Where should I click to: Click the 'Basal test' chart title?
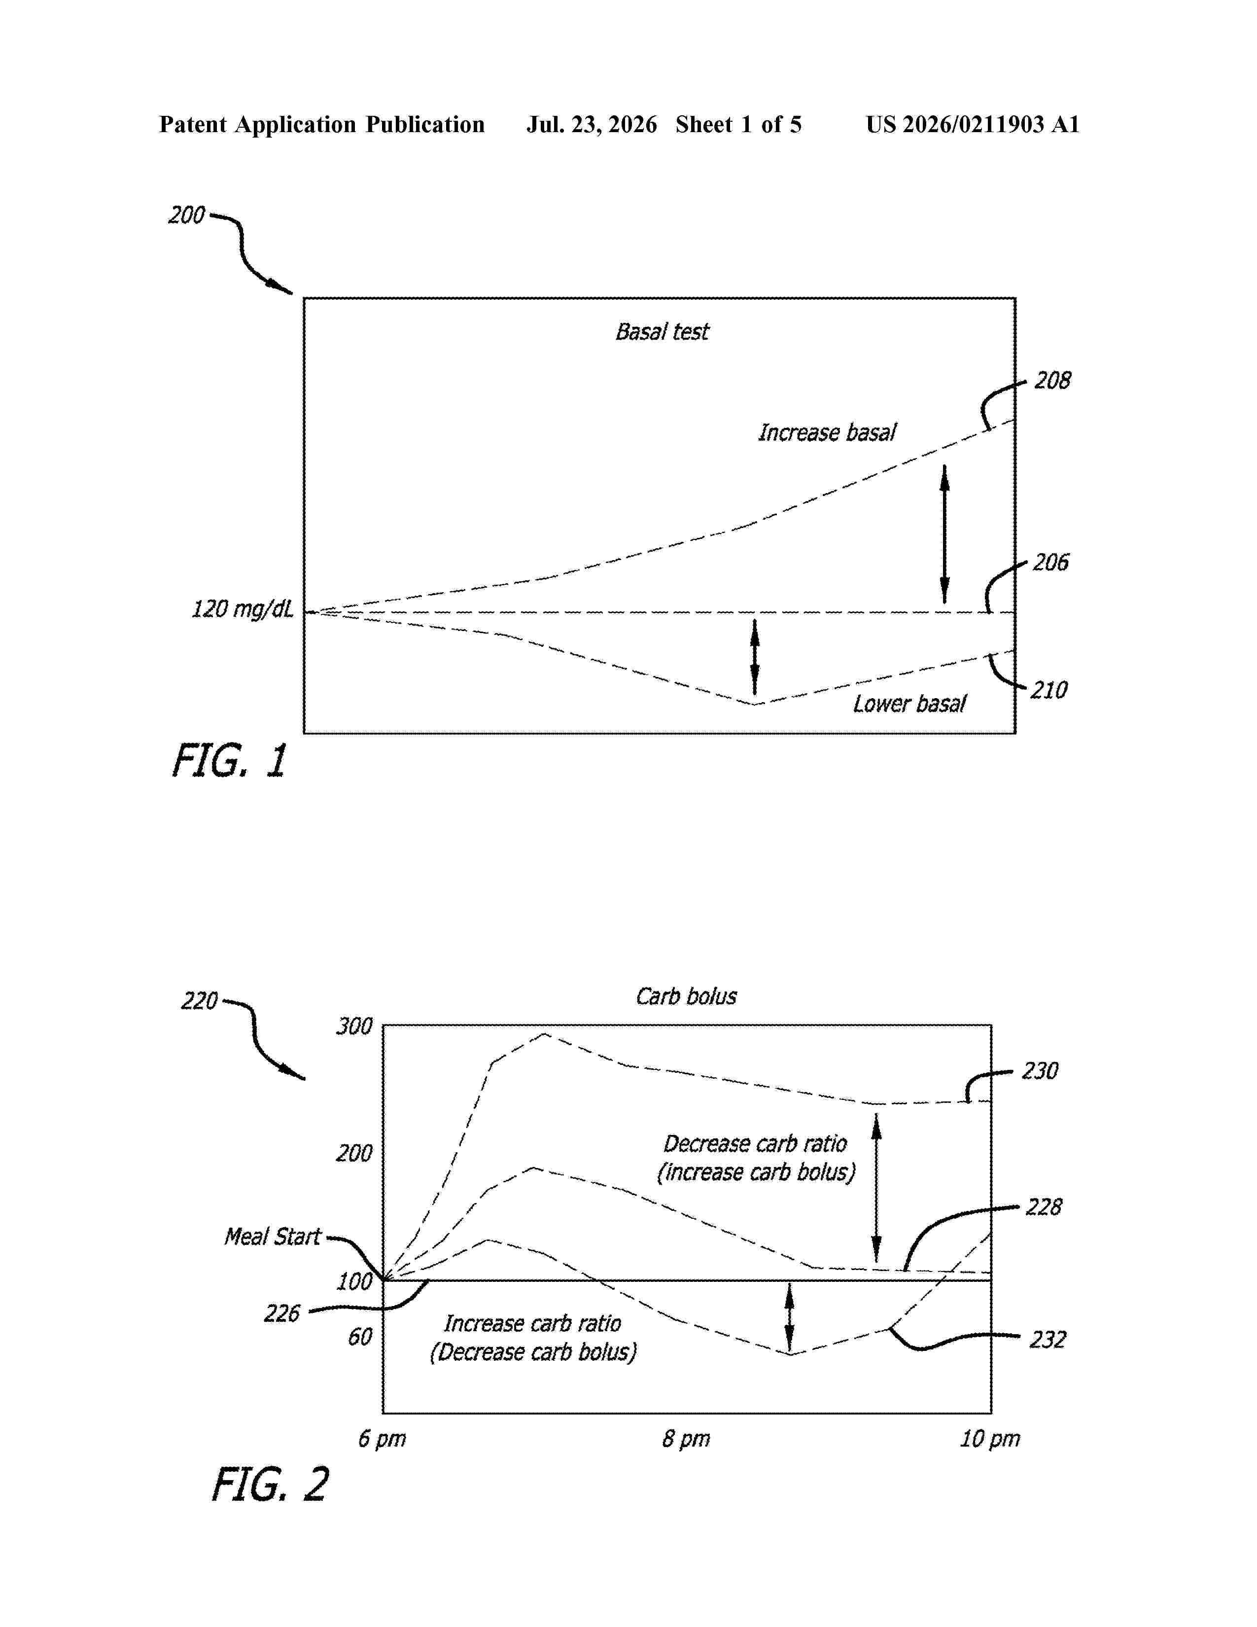662,331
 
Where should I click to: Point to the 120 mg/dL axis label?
243,609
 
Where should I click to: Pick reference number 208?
1052,381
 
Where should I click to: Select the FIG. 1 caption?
229,761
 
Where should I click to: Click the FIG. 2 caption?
270,1484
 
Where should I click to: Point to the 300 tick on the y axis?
354,1026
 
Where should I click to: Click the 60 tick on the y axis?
360,1337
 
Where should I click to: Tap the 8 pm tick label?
686,1439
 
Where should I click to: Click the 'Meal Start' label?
273,1237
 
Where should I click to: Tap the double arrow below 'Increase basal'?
945,533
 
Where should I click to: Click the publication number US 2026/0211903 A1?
973,124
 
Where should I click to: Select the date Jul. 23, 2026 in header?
592,124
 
